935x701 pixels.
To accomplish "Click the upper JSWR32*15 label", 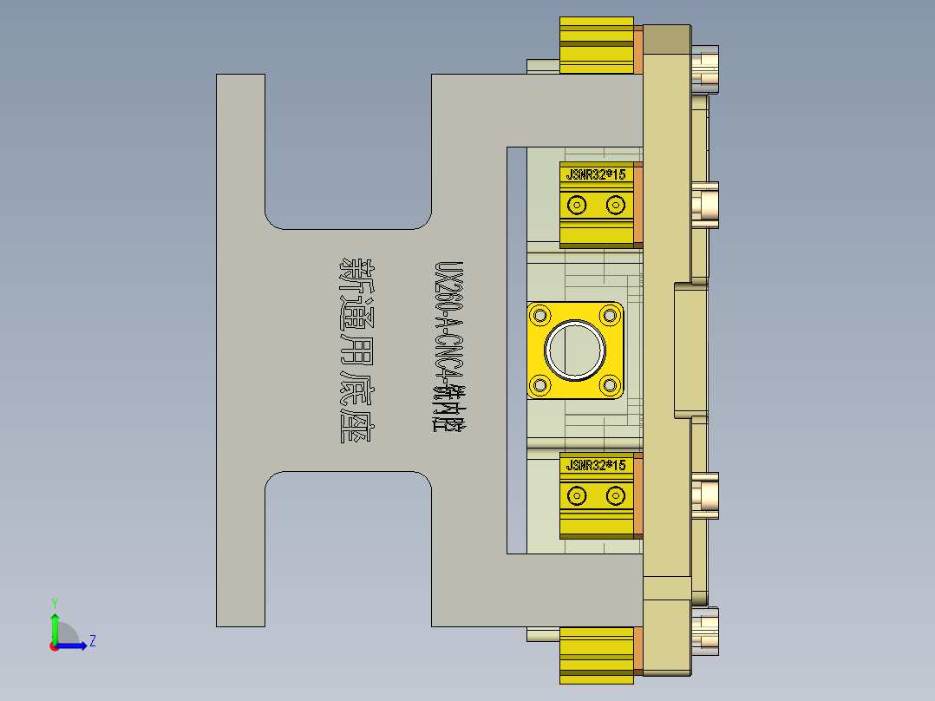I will point(595,174).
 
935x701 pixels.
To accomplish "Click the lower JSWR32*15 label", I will point(595,466).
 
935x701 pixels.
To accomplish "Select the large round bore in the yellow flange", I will point(574,350).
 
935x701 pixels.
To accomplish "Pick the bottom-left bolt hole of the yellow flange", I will point(541,384).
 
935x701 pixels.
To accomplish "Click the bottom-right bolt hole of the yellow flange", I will point(609,384).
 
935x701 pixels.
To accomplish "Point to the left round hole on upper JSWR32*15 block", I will point(575,205).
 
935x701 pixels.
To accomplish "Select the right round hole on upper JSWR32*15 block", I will point(616,205).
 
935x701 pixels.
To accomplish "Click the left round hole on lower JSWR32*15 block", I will point(575,495).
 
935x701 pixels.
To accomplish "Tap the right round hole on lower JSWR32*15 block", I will point(616,495).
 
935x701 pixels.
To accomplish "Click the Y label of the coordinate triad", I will point(54,602).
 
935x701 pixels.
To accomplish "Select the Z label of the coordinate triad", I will point(92,641).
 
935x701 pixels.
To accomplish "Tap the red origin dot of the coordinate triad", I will point(54,645).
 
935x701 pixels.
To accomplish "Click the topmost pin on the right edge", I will point(706,69).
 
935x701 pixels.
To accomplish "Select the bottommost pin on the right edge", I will point(706,630).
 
